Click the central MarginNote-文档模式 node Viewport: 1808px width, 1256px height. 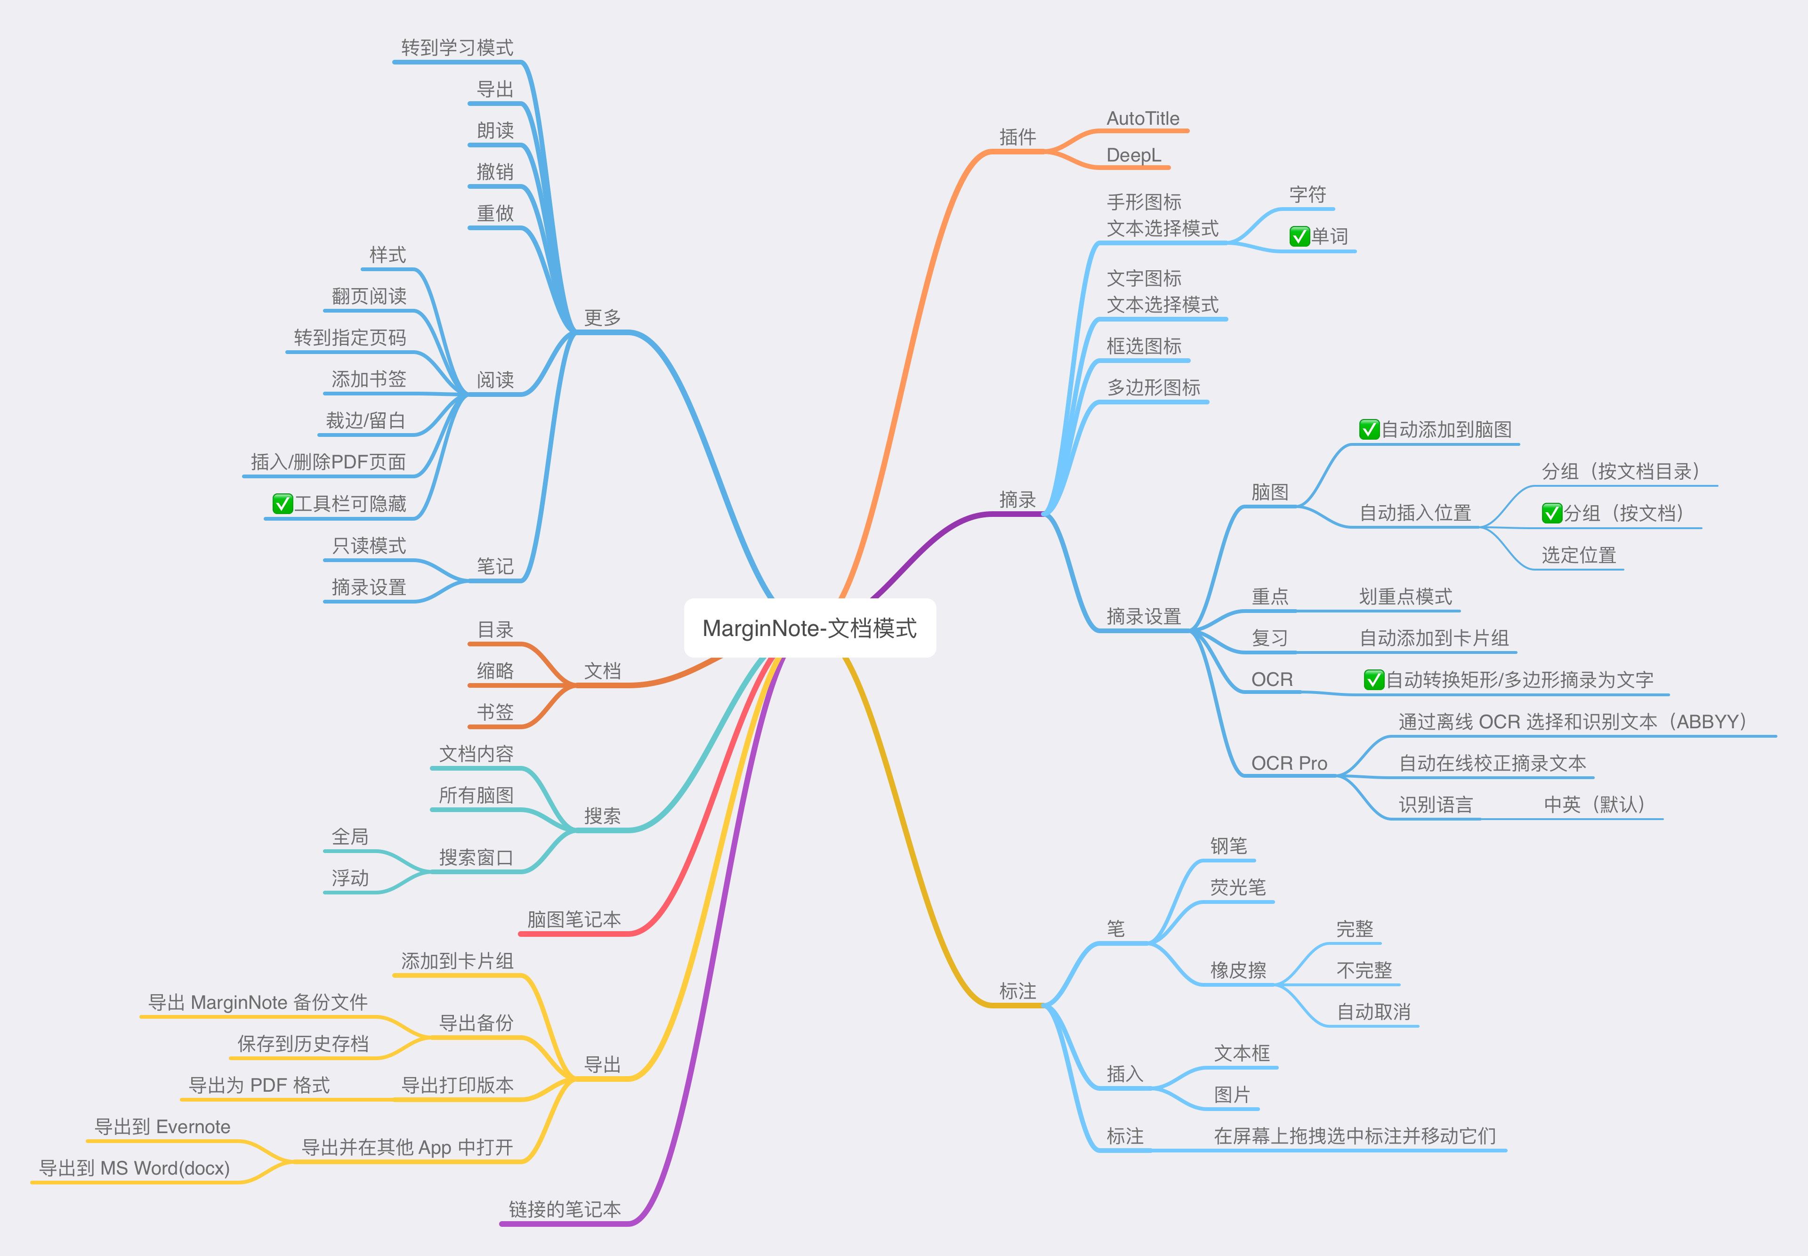809,628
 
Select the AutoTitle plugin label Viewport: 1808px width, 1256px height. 1143,119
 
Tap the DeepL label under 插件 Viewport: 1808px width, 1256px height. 1133,155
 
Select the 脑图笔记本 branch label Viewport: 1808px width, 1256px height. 574,919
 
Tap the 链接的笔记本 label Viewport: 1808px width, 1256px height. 565,1209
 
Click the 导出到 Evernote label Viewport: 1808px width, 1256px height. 162,1127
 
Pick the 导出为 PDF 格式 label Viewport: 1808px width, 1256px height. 259,1085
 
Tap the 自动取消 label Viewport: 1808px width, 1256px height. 1373,1012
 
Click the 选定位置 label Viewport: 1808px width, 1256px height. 1578,555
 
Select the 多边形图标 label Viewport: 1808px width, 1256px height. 1153,387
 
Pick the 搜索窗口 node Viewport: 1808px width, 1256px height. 476,858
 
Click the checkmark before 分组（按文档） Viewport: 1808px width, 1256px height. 1551,513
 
